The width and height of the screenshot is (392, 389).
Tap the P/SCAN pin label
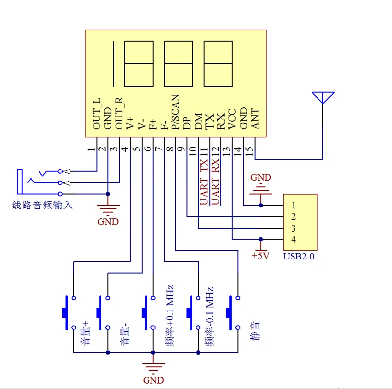click(x=176, y=112)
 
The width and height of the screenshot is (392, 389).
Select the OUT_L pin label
click(x=97, y=113)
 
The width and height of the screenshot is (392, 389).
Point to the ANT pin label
click(x=255, y=119)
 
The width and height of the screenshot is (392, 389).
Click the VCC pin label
click(x=232, y=119)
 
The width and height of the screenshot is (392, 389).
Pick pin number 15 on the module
click(x=249, y=151)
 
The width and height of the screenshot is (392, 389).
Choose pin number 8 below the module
click(x=170, y=149)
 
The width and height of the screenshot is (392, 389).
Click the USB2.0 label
click(x=299, y=257)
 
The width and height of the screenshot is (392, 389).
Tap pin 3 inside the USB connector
click(x=294, y=228)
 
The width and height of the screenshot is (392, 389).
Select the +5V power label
click(x=261, y=256)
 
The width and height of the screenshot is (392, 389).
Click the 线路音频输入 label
click(x=42, y=205)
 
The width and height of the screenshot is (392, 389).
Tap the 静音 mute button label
click(x=255, y=331)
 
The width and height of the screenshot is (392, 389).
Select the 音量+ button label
click(x=85, y=334)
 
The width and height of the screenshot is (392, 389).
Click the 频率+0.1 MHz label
click(x=170, y=315)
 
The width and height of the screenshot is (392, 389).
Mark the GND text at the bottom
click(x=153, y=380)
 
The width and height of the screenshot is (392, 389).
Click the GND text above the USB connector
click(x=261, y=177)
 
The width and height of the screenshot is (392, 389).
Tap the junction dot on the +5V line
click(x=261, y=239)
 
